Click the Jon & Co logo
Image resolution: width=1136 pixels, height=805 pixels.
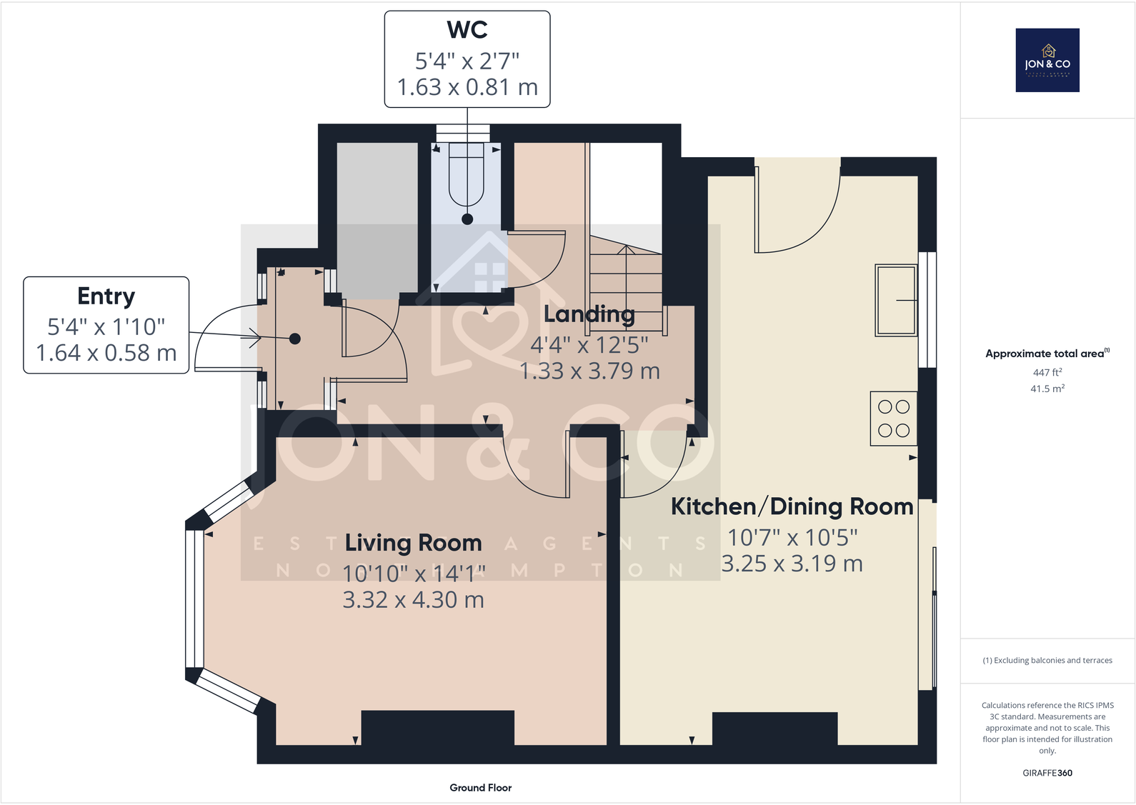[1047, 60]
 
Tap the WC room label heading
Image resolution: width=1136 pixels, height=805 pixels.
[467, 30]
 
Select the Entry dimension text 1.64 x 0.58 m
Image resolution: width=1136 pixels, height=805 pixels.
[106, 353]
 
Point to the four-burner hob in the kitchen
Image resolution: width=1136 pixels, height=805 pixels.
[893, 419]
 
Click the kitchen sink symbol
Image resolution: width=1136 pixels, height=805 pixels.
[896, 300]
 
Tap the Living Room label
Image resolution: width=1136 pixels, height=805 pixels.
[413, 543]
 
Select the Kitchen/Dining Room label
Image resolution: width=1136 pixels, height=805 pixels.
[792, 506]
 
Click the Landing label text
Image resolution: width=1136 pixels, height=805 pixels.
[589, 314]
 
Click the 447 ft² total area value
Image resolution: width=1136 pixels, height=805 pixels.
[1047, 372]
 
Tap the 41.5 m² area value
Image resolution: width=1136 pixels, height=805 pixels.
[1047, 389]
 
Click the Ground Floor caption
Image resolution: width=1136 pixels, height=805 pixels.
[480, 787]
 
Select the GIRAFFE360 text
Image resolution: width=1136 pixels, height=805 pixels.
[1047, 773]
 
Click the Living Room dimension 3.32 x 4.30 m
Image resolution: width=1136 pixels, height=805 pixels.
[413, 600]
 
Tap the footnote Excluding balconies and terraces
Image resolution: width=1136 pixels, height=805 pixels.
[1047, 660]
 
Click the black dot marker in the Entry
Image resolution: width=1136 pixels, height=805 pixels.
[294, 339]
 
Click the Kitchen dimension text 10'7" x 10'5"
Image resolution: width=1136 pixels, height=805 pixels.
[792, 537]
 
